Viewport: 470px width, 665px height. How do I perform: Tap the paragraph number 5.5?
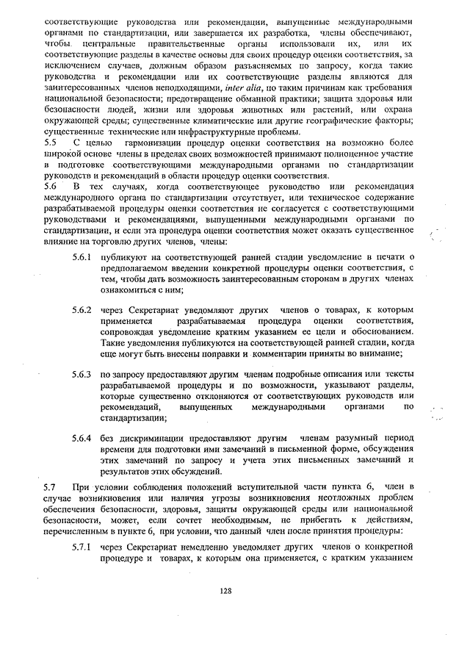pos(50,143)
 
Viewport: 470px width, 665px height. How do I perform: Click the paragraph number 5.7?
pos(50,488)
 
